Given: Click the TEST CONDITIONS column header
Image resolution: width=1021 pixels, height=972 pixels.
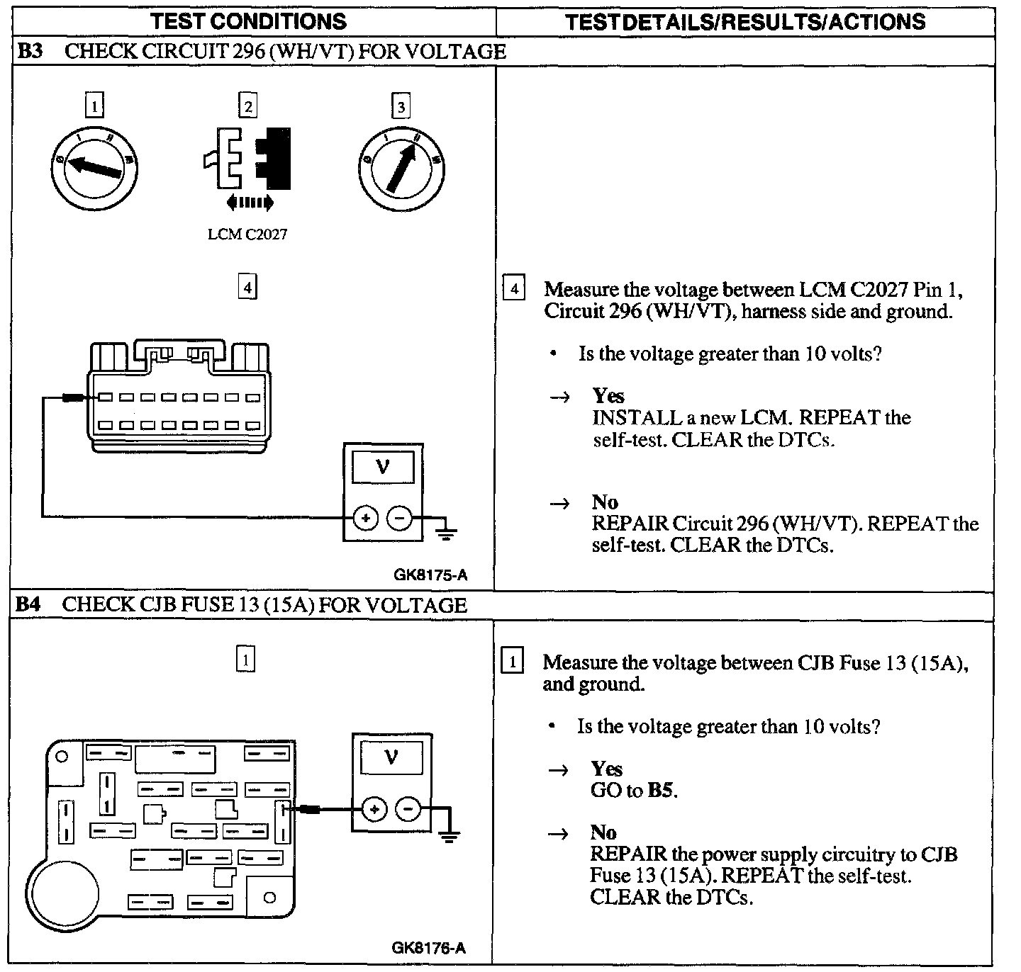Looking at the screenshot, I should [x=249, y=21].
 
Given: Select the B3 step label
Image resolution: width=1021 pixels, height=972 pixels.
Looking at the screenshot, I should [x=30, y=52].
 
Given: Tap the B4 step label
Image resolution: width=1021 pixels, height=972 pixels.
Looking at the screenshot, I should [x=29, y=605].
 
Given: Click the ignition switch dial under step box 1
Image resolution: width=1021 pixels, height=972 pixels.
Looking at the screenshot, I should [x=94, y=167].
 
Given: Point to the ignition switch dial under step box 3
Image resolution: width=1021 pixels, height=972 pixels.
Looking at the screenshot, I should [x=401, y=167].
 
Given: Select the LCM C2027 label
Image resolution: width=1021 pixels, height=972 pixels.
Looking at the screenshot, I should [x=247, y=234].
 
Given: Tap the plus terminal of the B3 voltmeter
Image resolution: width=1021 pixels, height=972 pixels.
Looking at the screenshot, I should [x=365, y=519].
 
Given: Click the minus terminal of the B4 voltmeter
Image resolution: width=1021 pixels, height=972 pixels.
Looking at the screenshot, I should [x=408, y=808].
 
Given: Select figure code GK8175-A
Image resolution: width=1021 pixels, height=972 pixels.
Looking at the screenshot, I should [x=430, y=575].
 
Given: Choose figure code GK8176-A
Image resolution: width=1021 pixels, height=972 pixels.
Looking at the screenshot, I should [x=429, y=948].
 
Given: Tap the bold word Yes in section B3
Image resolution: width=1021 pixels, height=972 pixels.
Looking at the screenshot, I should [x=608, y=395].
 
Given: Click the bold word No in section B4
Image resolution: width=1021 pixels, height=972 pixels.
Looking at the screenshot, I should [x=603, y=832].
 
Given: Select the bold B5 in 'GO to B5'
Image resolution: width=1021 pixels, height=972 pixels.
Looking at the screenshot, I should [x=661, y=790].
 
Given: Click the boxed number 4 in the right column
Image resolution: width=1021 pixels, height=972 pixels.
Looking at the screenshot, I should [x=514, y=289].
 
